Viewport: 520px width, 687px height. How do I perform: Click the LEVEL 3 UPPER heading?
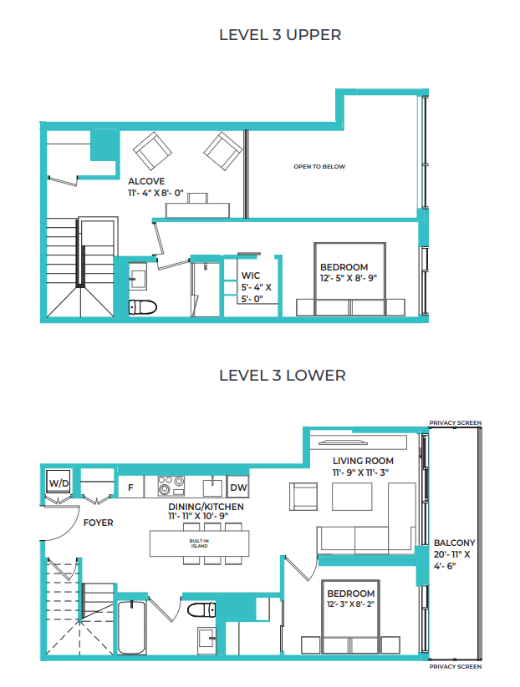click(x=280, y=35)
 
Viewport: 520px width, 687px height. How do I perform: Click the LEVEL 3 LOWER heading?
click(x=282, y=375)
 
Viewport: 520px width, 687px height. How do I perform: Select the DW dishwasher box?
click(x=237, y=487)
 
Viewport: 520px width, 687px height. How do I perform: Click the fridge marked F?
click(x=130, y=487)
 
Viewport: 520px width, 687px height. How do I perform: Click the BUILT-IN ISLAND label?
click(x=199, y=543)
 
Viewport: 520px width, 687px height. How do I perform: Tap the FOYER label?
click(x=98, y=523)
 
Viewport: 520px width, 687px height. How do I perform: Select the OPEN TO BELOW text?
click(x=319, y=167)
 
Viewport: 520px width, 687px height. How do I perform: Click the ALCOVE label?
click(x=145, y=181)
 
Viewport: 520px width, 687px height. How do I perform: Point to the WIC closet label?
click(x=251, y=275)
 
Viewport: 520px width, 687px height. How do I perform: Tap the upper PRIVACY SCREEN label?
click(x=455, y=423)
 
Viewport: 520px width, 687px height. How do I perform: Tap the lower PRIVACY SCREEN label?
click(x=455, y=667)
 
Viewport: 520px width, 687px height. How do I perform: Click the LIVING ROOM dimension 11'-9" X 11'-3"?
click(x=362, y=472)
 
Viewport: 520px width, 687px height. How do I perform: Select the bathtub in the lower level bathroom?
click(x=131, y=627)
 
